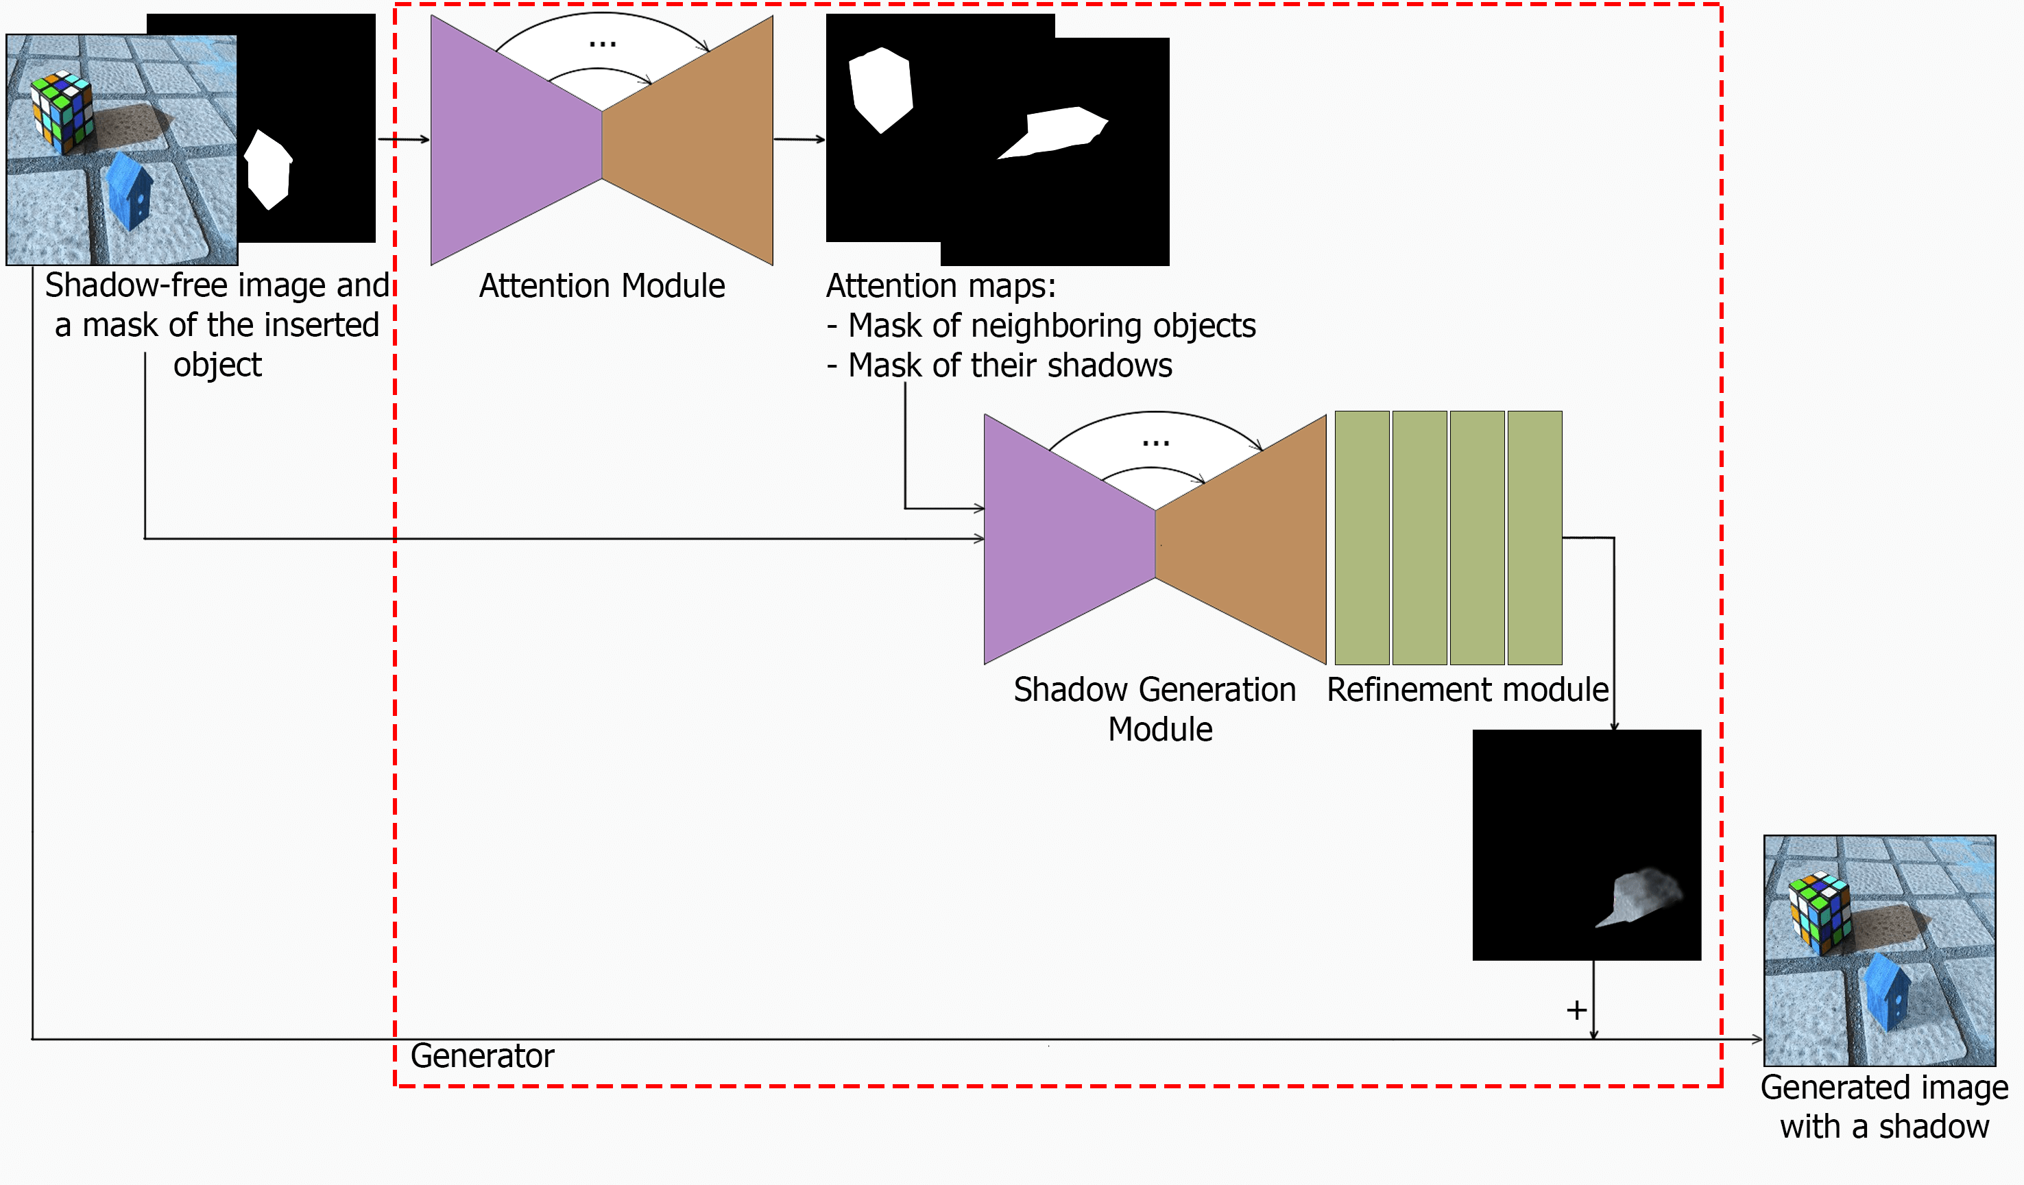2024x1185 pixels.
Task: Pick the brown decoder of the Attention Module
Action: pos(690,141)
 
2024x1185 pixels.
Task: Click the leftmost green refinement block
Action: pos(1362,538)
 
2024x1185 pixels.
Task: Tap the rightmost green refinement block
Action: pos(1535,538)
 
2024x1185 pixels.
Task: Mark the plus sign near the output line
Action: pos(1577,1010)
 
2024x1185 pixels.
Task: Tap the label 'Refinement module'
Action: pos(1467,690)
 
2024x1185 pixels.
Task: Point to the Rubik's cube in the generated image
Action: pos(1819,913)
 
